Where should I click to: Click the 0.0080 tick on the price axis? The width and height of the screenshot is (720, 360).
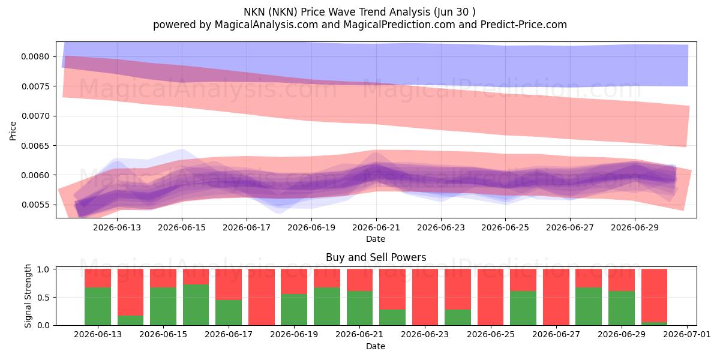35,57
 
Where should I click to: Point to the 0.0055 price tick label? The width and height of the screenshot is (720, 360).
35,205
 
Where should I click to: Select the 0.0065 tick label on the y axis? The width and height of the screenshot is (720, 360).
35,146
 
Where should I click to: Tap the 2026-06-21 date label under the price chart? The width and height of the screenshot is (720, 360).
376,228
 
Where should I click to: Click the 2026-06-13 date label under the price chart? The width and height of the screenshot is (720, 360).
117,228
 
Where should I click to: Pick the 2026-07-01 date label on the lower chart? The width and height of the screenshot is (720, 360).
687,335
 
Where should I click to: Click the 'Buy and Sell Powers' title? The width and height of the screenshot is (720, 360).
376,257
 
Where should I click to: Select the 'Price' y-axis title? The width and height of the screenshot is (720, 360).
13,131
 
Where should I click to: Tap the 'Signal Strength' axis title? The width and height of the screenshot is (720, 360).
28,296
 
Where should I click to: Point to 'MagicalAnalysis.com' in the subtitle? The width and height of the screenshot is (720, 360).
266,25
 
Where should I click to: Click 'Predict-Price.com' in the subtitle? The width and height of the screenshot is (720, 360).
524,25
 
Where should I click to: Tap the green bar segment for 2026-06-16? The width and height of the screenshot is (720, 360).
196,305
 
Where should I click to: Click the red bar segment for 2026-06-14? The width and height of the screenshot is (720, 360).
131,293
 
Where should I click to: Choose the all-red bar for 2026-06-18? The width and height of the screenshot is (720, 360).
262,297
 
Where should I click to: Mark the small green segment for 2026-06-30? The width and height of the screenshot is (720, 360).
654,323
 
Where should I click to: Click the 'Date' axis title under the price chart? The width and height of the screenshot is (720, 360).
376,239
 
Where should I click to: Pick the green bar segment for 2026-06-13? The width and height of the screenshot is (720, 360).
98,307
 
